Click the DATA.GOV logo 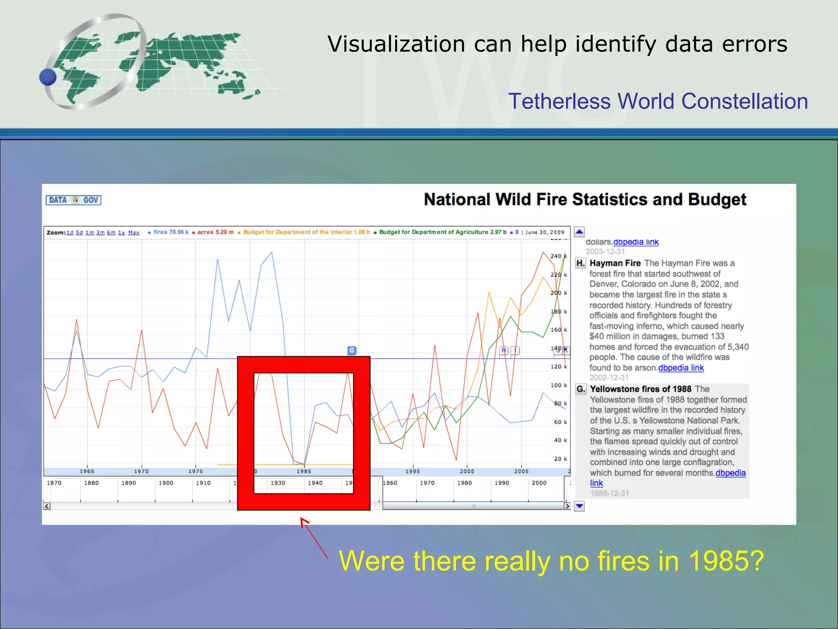pyautogui.click(x=73, y=200)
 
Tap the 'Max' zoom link pyautogui.click(x=134, y=233)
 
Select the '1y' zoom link pyautogui.click(x=122, y=233)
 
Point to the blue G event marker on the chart pyautogui.click(x=352, y=351)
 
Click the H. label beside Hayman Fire pyautogui.click(x=581, y=263)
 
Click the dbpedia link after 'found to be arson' pyautogui.click(x=681, y=368)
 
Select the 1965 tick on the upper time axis pyautogui.click(x=87, y=471)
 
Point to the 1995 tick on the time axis pyautogui.click(x=413, y=471)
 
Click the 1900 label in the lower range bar pyautogui.click(x=166, y=483)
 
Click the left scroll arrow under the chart pyautogui.click(x=47, y=506)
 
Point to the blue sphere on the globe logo pyautogui.click(x=48, y=77)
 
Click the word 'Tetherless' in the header pyautogui.click(x=559, y=101)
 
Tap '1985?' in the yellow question pyautogui.click(x=726, y=561)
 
